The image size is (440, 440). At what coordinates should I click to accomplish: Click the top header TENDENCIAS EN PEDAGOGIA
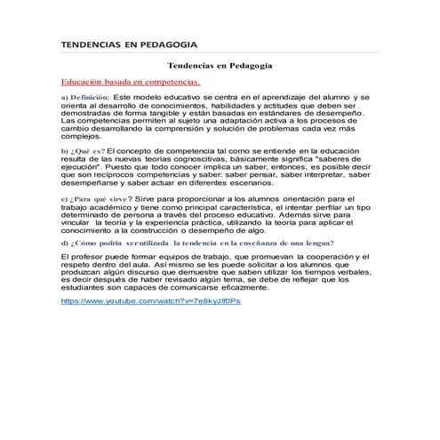point(128,44)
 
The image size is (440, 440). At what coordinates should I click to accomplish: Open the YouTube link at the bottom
point(150,301)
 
